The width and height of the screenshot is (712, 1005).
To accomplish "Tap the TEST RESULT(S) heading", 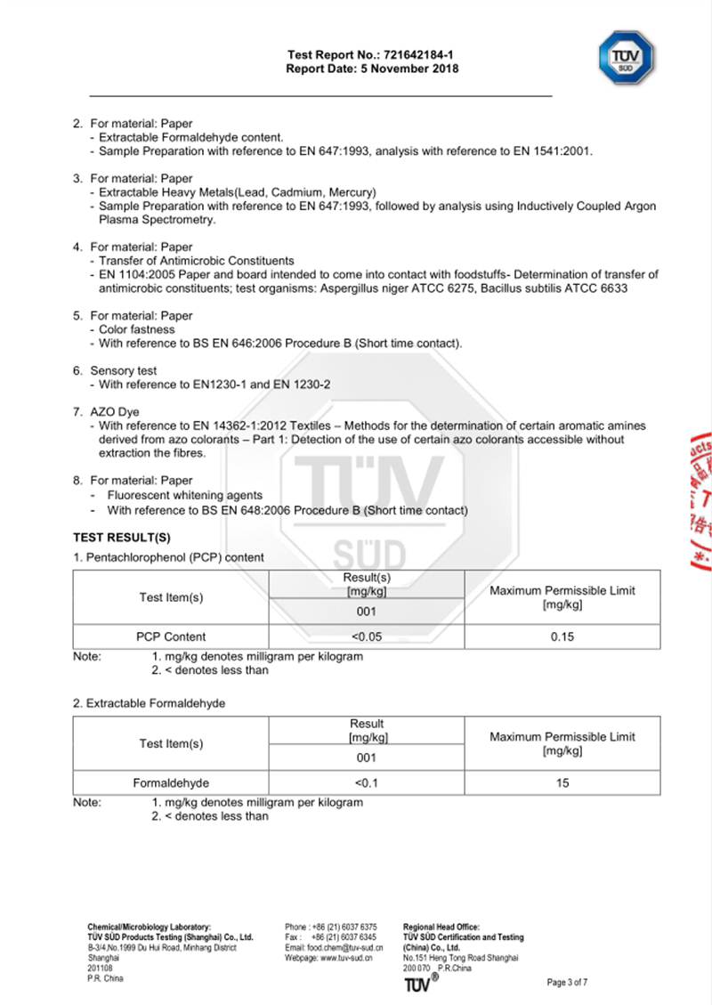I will tap(121, 538).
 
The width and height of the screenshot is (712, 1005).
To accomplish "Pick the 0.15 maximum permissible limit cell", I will tap(561, 636).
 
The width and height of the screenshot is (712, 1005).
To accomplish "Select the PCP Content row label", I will tap(171, 636).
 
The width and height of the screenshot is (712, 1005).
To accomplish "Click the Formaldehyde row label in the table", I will tap(171, 783).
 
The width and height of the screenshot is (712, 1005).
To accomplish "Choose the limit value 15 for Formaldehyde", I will tap(561, 783).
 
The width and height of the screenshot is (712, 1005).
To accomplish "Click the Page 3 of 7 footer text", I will tap(567, 983).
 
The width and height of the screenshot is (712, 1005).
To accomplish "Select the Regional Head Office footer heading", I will tap(441, 927).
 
